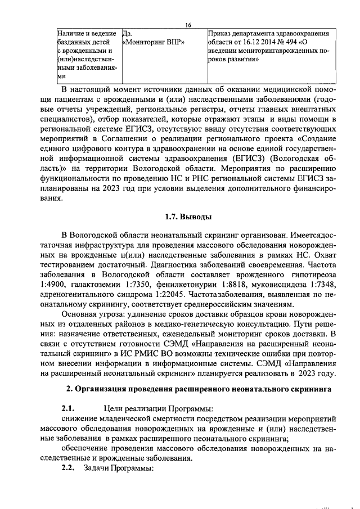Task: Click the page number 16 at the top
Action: coord(188,25)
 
